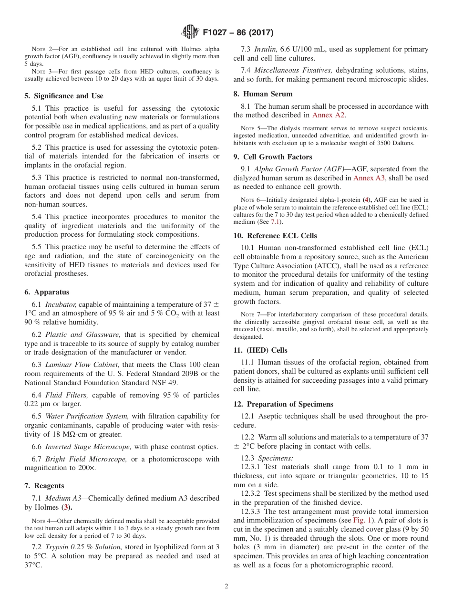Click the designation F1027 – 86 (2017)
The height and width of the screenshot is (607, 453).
click(x=238, y=33)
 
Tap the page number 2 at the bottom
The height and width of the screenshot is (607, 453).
click(x=226, y=586)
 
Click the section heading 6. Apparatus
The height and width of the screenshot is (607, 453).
click(x=47, y=292)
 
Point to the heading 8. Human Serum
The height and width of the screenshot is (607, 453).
click(x=263, y=94)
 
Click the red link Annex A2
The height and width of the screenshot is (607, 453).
click(x=329, y=115)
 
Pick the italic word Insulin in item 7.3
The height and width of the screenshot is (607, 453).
click(x=265, y=49)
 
